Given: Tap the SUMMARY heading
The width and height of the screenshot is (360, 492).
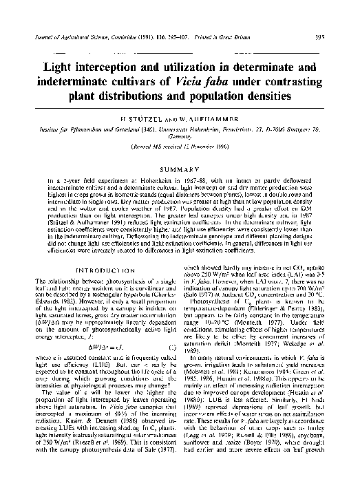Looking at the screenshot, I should [181, 168].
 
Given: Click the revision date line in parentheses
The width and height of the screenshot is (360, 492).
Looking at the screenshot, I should [181, 148].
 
